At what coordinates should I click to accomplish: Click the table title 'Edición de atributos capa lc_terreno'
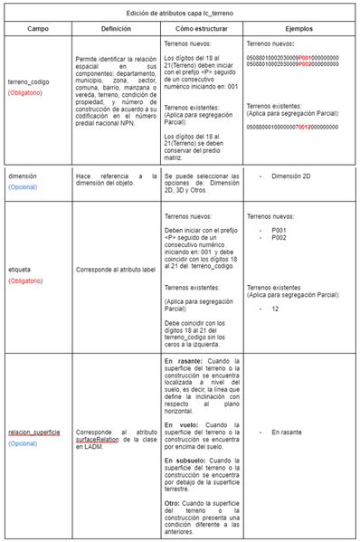click(180, 13)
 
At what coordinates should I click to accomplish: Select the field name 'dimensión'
click(25, 176)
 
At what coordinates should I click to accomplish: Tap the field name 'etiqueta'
click(22, 269)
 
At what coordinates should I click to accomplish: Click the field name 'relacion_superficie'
click(35, 433)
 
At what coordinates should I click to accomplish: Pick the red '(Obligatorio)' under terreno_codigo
click(29, 93)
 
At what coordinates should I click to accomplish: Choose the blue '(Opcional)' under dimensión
click(25, 187)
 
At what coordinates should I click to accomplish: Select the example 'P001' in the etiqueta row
click(279, 230)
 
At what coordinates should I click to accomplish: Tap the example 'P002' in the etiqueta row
click(279, 237)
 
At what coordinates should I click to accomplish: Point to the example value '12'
click(275, 309)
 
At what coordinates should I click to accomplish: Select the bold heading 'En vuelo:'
click(183, 424)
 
